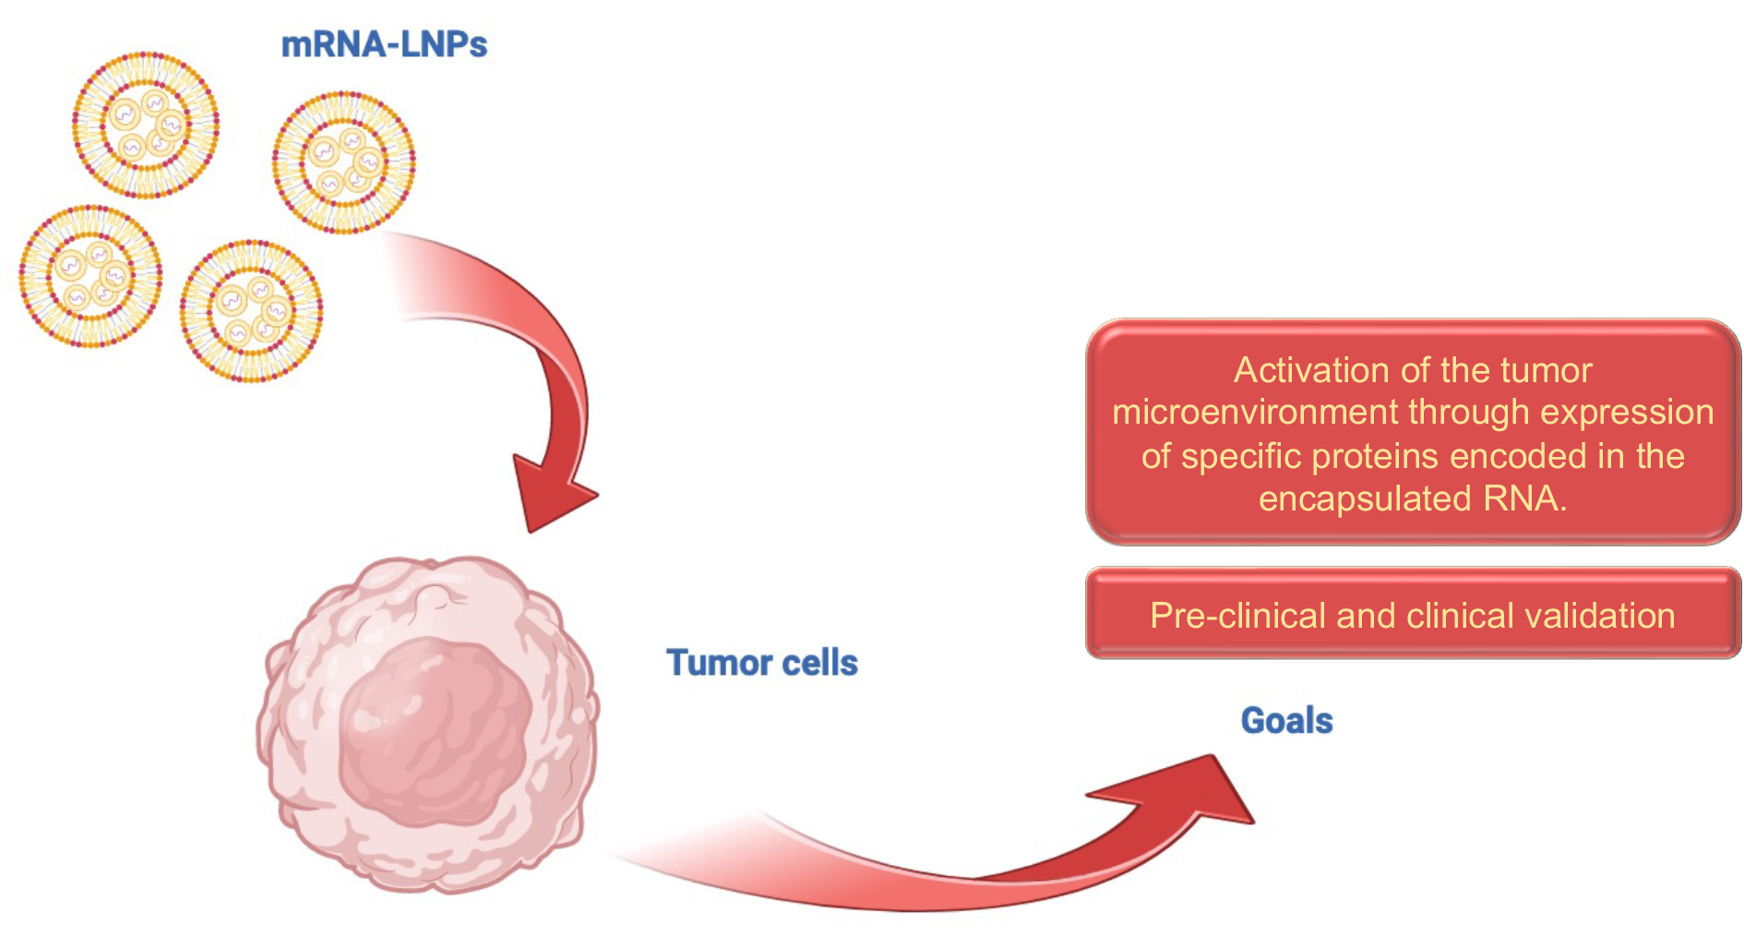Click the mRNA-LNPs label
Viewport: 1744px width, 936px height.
point(384,45)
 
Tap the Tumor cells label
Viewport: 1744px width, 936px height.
point(762,663)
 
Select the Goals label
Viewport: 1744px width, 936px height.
point(1286,721)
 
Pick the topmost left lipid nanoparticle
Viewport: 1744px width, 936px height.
point(146,125)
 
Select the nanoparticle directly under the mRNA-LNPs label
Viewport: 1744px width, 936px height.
point(343,162)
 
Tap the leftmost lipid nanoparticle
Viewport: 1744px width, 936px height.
point(90,276)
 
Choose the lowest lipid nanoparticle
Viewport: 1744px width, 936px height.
point(251,311)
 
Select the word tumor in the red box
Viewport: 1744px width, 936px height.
point(1547,371)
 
